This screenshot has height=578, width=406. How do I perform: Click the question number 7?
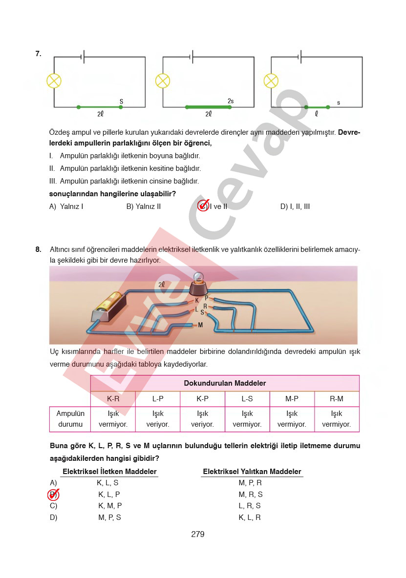(38, 54)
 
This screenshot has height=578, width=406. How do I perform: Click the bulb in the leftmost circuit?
(53, 81)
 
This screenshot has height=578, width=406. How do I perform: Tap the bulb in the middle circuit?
(162, 81)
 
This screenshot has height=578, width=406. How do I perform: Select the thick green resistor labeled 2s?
(208, 106)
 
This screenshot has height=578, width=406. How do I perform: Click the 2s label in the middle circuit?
(231, 101)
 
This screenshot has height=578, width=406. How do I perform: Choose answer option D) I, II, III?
(295, 206)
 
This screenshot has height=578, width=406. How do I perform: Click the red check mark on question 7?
(203, 206)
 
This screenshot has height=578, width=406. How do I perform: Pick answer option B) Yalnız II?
(144, 206)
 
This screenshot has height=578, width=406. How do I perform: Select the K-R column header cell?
(113, 399)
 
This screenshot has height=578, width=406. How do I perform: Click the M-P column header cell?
(292, 399)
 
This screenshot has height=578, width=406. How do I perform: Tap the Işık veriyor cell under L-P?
(158, 419)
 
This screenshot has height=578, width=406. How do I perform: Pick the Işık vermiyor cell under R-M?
(337, 419)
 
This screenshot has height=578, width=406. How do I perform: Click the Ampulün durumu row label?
(70, 419)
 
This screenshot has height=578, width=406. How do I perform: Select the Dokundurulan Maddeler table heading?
(225, 383)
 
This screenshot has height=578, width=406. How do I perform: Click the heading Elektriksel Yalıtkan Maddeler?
(252, 472)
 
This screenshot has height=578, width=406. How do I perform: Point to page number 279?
(198, 534)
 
